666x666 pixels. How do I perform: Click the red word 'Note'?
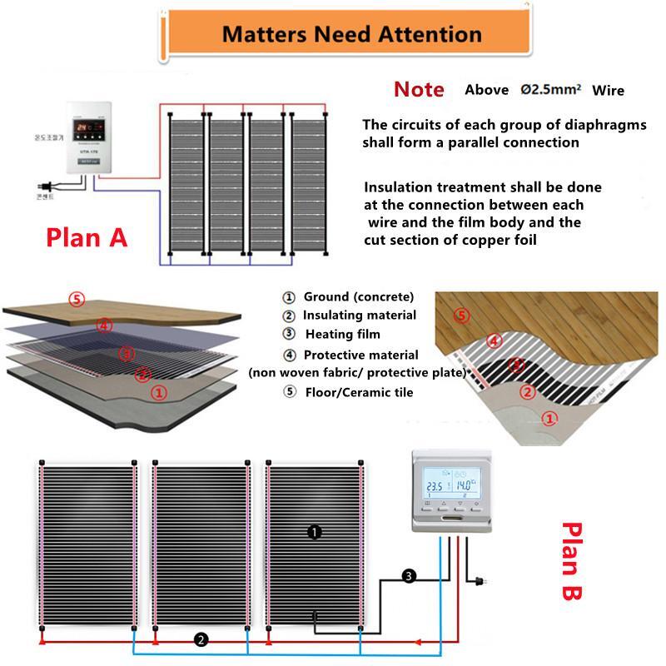pos(419,90)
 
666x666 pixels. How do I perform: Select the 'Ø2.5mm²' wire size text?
pos(550,90)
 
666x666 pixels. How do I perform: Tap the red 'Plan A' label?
pos(87,237)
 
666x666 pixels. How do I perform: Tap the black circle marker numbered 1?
pos(315,531)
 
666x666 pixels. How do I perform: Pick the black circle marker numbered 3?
pos(409,576)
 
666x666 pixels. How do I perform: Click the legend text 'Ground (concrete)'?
pos(358,297)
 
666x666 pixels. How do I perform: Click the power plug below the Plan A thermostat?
pos(36,187)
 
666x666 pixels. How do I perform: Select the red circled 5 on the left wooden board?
pos(77,299)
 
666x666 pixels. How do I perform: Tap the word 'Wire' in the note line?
pos(608,90)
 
